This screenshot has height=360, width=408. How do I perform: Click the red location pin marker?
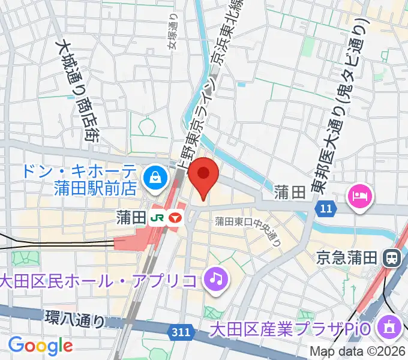203,175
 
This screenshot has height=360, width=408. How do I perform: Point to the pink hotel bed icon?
361,195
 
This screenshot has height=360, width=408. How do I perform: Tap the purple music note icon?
215,278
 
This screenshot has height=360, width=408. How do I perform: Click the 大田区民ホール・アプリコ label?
99,280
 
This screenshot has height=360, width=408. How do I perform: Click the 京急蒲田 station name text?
349,258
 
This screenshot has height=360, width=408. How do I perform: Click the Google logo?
40,346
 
